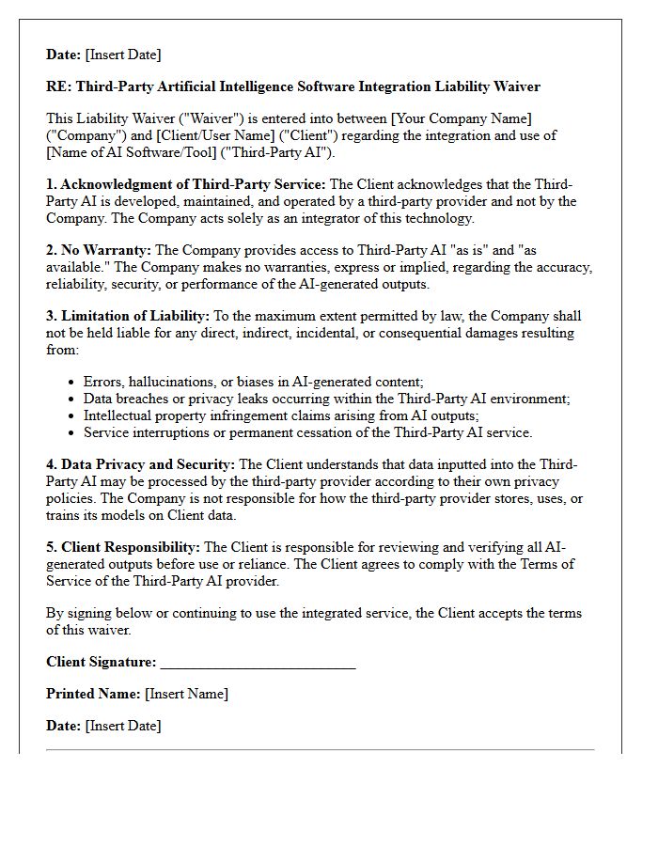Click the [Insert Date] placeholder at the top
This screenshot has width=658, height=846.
click(x=122, y=55)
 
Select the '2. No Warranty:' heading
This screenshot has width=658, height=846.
click(x=99, y=250)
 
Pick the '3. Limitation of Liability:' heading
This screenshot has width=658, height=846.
click(x=128, y=316)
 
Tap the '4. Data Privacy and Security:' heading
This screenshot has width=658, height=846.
click(x=141, y=464)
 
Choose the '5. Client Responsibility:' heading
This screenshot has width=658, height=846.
click(x=123, y=547)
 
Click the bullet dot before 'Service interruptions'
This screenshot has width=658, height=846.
click(x=72, y=433)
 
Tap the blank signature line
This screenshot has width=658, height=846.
click(x=258, y=664)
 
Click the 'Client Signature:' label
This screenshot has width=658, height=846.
click(x=102, y=662)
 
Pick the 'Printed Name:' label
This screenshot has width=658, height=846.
click(x=93, y=694)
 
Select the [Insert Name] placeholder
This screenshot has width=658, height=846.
click(x=186, y=694)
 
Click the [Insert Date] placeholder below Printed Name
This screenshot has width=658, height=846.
click(x=122, y=726)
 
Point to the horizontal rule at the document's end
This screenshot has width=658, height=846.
click(x=320, y=749)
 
